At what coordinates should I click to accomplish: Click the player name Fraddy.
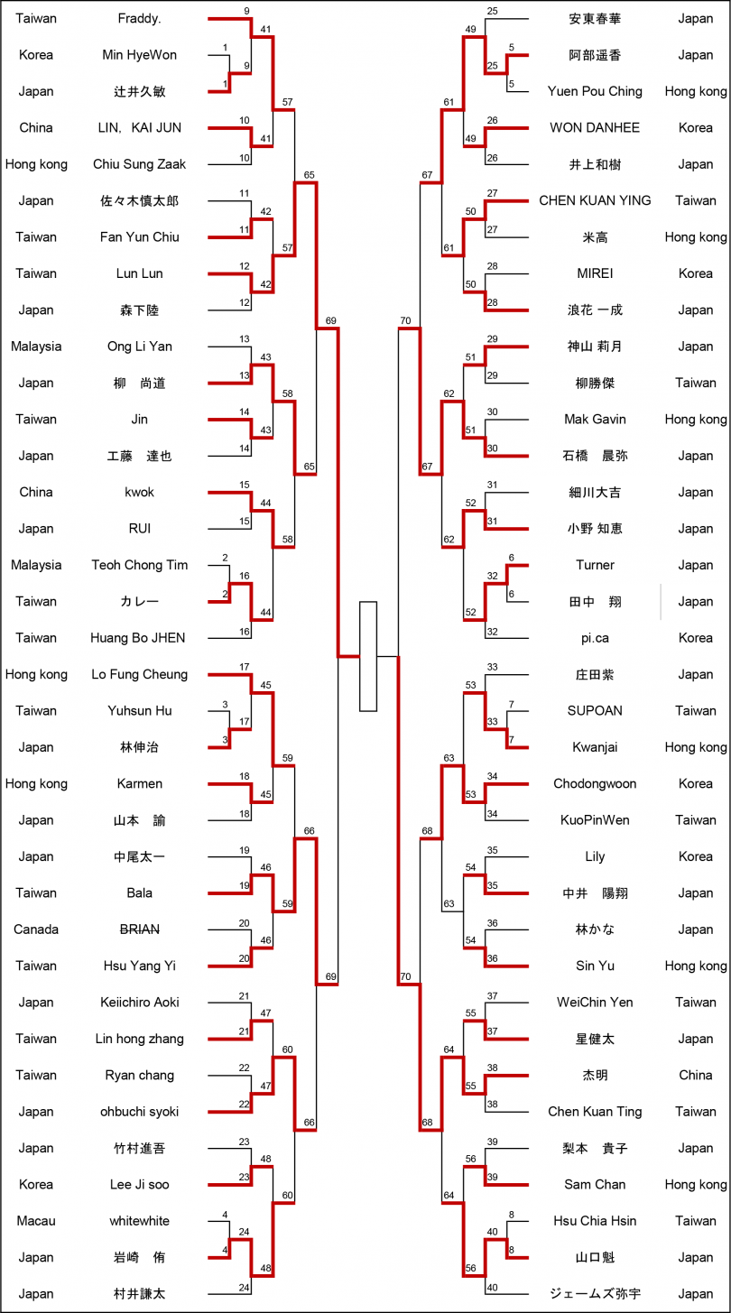point(140,19)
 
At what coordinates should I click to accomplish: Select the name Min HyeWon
point(140,55)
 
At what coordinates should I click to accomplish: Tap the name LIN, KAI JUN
point(140,128)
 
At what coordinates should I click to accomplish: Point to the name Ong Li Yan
point(140,347)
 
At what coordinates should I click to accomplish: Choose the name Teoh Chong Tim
point(140,565)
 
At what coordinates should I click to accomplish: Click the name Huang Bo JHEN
point(140,638)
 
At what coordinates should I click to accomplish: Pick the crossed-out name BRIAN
point(140,929)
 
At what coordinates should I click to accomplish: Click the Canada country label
point(36,929)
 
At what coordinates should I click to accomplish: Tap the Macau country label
point(36,1221)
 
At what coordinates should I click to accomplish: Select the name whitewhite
point(140,1221)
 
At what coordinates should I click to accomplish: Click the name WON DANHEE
point(595,128)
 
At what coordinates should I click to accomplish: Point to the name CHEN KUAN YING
point(595,200)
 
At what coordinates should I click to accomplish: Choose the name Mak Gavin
point(595,420)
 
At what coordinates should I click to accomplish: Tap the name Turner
point(595,565)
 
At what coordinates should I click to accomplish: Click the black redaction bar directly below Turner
point(629,602)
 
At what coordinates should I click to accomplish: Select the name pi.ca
point(595,638)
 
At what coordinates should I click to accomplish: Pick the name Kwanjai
point(595,747)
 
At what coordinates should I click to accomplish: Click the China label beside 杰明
point(696,1076)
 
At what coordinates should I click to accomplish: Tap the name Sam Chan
point(595,1185)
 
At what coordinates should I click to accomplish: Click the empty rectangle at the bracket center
point(368,656)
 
